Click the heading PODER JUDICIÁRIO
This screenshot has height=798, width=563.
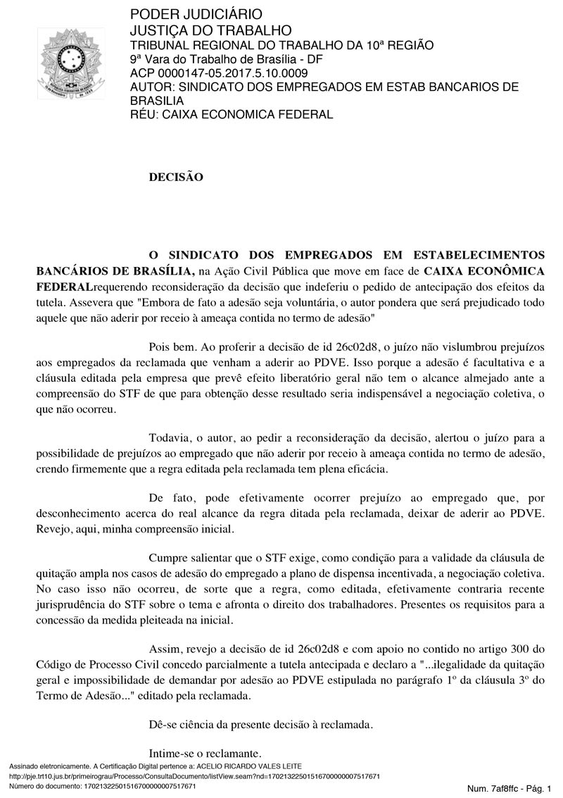[x=186, y=15]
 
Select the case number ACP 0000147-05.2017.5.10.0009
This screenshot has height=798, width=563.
[x=219, y=73]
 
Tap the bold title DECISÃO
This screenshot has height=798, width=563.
[x=176, y=177]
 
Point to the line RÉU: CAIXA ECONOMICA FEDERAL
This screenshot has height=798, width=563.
[x=232, y=115]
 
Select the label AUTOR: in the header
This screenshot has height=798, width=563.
[x=153, y=87]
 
